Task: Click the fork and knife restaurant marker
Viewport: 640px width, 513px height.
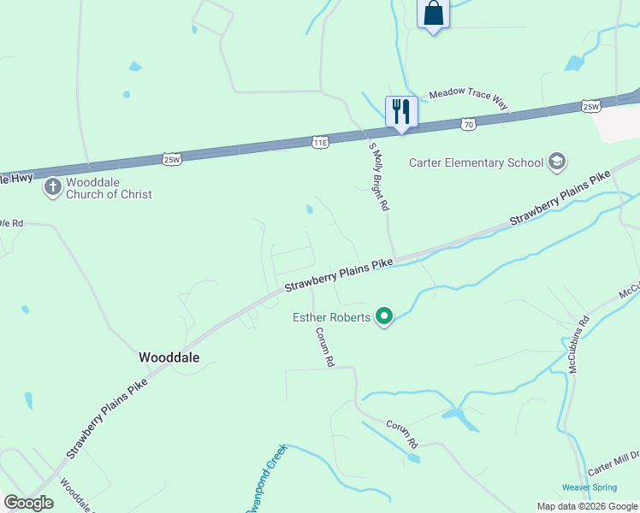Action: click(400, 111)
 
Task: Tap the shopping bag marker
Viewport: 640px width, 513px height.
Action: click(433, 14)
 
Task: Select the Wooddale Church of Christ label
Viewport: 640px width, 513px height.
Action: click(109, 188)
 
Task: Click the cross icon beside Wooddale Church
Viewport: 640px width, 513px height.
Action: click(52, 186)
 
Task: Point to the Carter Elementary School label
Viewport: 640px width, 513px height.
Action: click(476, 162)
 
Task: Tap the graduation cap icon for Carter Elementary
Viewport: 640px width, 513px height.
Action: click(557, 162)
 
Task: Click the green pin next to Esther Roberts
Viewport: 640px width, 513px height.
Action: click(384, 317)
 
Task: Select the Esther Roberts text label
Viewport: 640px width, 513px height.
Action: click(332, 317)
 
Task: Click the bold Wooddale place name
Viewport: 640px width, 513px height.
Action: click(169, 358)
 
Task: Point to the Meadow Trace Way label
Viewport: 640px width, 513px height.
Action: click(469, 99)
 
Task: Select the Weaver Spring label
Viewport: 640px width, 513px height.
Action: click(589, 487)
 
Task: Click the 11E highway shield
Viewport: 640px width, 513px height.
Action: click(320, 142)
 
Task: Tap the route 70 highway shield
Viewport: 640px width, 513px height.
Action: click(467, 124)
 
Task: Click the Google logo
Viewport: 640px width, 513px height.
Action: click(28, 503)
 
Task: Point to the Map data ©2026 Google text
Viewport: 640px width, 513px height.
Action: click(587, 506)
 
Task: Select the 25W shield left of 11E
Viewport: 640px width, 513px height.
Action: click(172, 159)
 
